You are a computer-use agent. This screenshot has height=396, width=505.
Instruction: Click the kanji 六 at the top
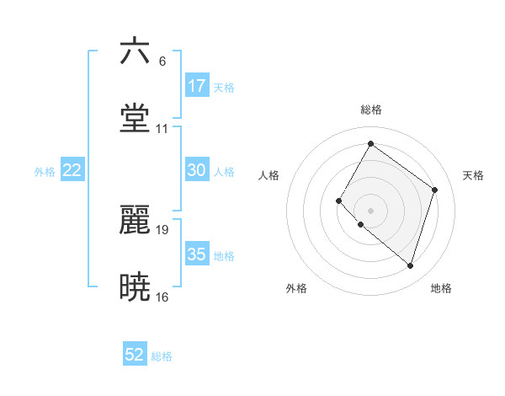(136, 52)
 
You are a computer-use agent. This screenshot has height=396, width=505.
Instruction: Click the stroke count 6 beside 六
(162, 62)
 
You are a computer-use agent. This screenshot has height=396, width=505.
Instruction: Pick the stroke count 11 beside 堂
(162, 129)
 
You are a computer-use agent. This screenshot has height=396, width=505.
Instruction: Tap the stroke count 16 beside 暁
(162, 297)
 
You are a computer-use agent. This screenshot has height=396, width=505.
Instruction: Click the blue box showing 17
(197, 86)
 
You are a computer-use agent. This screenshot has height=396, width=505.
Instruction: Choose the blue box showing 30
(197, 170)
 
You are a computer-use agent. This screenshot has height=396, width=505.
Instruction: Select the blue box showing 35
(197, 254)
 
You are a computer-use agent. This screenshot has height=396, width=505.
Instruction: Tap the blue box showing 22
(72, 170)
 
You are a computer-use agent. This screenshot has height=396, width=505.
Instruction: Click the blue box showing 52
(135, 356)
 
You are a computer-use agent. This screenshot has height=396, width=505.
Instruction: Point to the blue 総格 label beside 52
(162, 356)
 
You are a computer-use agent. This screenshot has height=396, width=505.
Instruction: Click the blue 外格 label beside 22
(45, 171)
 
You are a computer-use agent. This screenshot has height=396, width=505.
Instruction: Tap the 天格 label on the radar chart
(473, 175)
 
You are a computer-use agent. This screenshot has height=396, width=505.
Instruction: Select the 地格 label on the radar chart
(441, 288)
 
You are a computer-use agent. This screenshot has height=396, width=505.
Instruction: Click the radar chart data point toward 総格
(370, 144)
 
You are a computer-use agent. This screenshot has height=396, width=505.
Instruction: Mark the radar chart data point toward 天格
(435, 190)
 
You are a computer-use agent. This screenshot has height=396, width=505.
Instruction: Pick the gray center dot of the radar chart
(370, 210)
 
